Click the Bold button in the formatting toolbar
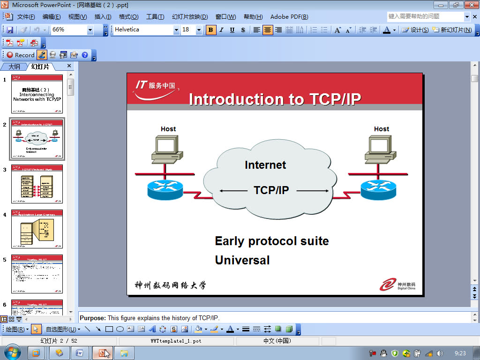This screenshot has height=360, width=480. click(211, 30)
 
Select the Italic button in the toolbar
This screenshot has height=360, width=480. click(221, 30)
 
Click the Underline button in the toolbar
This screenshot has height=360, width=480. click(232, 30)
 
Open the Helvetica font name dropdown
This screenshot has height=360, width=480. click(176, 30)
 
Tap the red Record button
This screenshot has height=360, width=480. click(20, 55)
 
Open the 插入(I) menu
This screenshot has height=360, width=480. click(103, 17)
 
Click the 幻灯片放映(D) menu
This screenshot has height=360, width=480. click(189, 17)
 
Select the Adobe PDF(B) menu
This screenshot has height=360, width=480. click(289, 17)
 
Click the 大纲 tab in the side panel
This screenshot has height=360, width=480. click(14, 67)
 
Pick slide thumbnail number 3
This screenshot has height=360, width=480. click(37, 184)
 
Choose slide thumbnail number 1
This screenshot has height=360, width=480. click(37, 94)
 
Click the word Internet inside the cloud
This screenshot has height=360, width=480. click(265, 165)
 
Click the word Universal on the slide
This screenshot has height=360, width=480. click(242, 260)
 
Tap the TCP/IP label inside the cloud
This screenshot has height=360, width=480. click(271, 190)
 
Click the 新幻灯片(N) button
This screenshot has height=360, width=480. click(452, 30)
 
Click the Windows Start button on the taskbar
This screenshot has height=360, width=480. click(12, 352)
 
